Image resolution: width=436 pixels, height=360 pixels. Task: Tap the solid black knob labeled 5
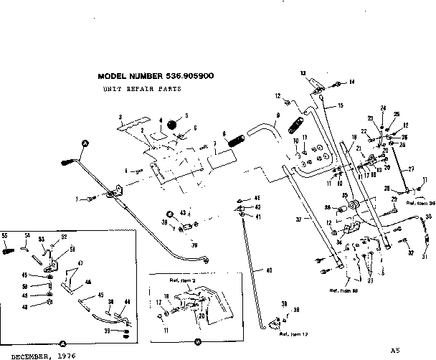click(x=173, y=125)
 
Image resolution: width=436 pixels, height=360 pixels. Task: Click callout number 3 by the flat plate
click(x=120, y=116)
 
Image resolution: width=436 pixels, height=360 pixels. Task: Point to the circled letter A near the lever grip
click(x=85, y=144)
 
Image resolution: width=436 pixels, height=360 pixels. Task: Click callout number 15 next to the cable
click(x=341, y=105)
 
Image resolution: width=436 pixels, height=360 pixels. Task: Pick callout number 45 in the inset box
click(x=100, y=295)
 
